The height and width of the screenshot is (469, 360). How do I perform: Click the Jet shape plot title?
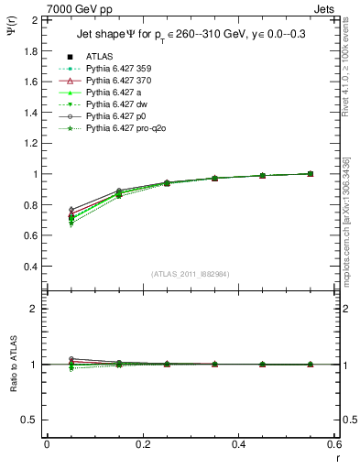pos(191,35)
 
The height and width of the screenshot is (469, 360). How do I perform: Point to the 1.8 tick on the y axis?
pos(31,50)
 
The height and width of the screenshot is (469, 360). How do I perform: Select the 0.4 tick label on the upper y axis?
pos(31,267)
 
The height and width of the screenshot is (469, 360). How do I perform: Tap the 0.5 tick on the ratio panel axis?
pos(31,420)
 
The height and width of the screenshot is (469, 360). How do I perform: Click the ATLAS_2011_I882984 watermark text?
pos(191,274)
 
